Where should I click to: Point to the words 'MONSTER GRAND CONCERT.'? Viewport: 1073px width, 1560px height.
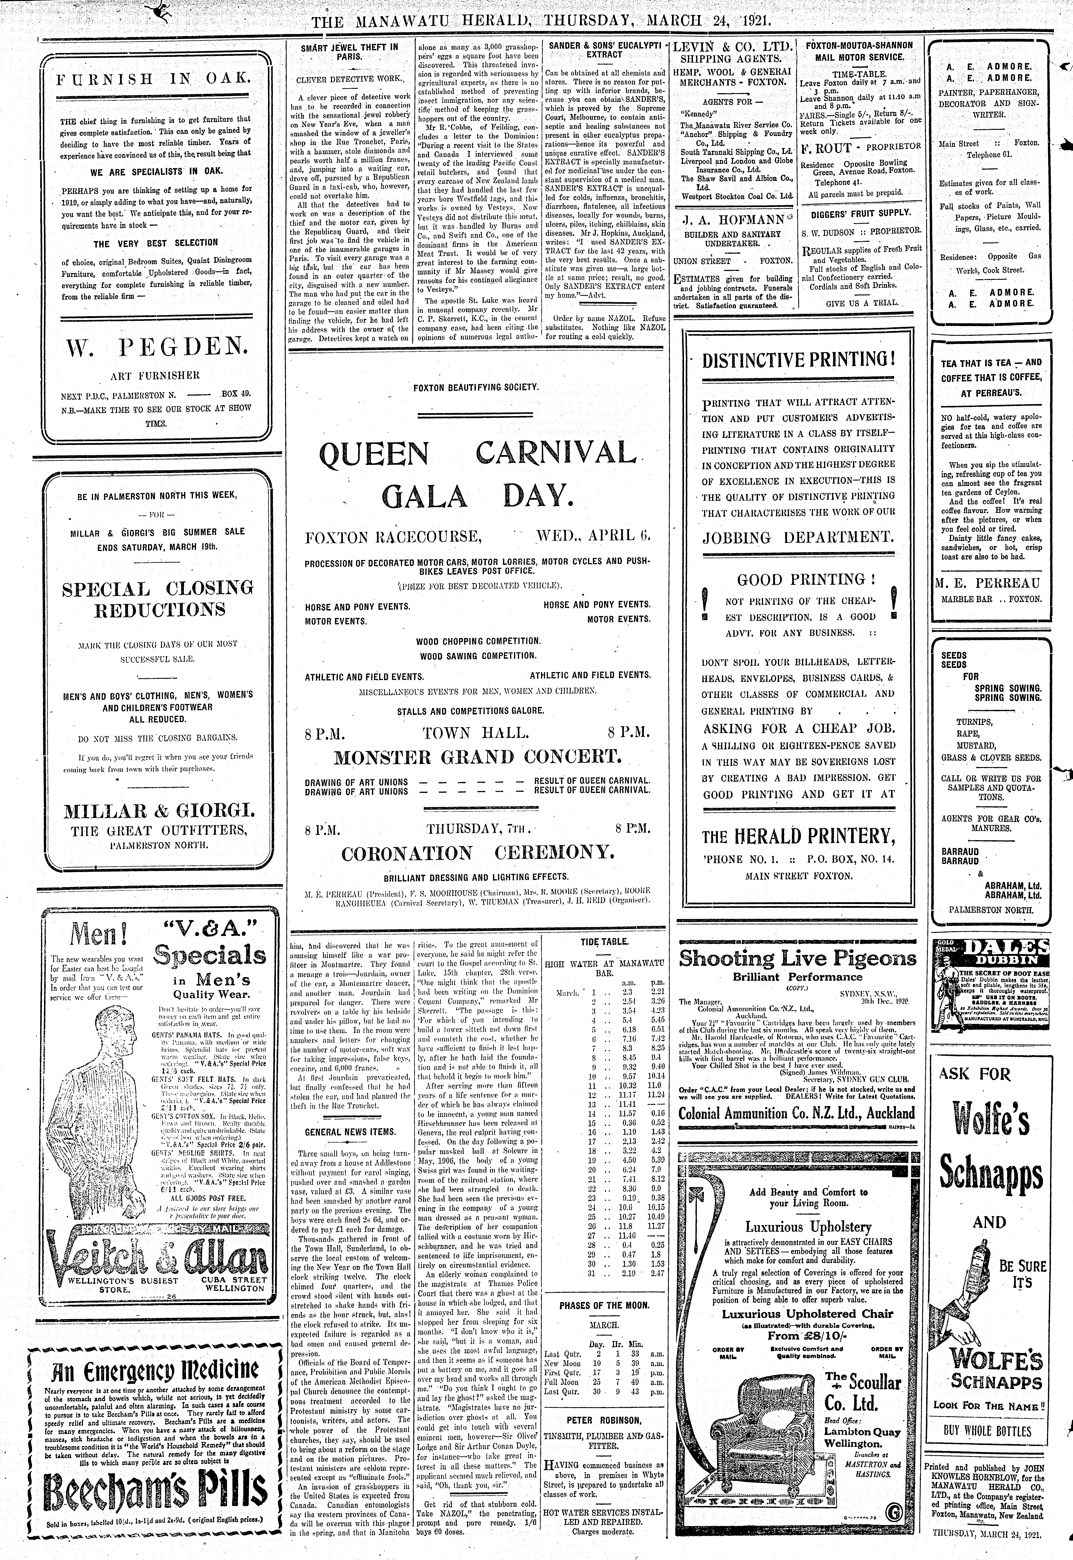pos(477,757)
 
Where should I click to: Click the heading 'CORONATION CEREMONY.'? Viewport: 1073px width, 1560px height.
pos(477,854)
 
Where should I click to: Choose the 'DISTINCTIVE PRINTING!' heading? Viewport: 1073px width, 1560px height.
pos(798,360)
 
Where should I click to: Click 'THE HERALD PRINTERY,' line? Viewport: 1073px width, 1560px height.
pos(798,837)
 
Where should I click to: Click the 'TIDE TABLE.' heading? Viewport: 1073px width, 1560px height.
pos(604,942)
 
